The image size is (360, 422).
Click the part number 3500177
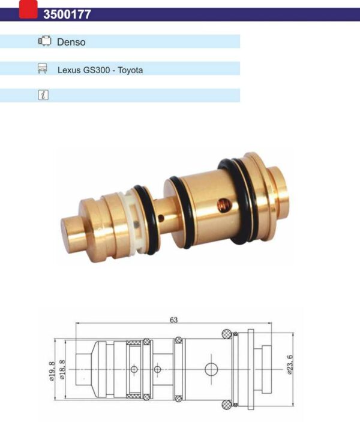[67, 14]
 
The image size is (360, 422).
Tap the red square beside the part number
[28, 9]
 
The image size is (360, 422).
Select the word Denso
[71, 42]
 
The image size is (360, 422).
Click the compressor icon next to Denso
[44, 41]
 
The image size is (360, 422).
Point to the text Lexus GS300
[84, 70]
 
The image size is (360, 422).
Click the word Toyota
[130, 70]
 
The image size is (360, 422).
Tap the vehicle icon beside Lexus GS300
[43, 68]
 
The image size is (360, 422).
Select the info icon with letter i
[43, 95]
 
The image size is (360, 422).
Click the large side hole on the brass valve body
[225, 205]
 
